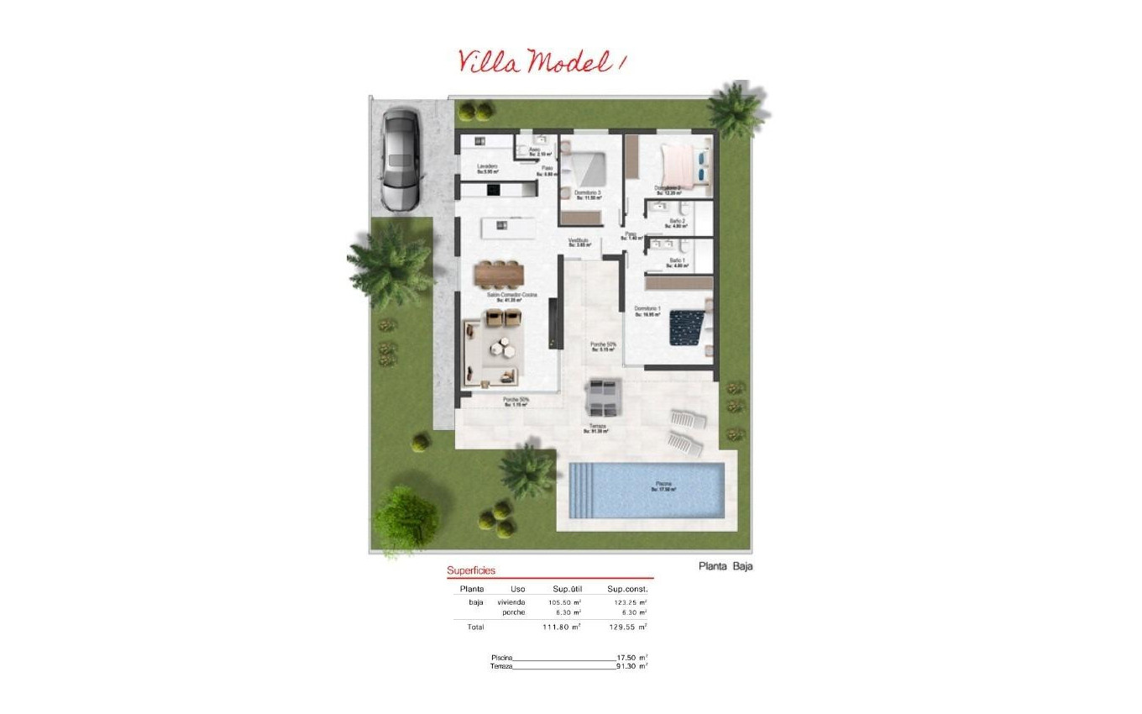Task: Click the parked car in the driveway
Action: point(400,160)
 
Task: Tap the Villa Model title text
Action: point(542,60)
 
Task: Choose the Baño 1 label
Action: point(677,262)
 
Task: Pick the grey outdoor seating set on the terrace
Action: point(603,397)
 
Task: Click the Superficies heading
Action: point(471,570)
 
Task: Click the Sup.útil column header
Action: point(567,589)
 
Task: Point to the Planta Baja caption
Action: point(726,566)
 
